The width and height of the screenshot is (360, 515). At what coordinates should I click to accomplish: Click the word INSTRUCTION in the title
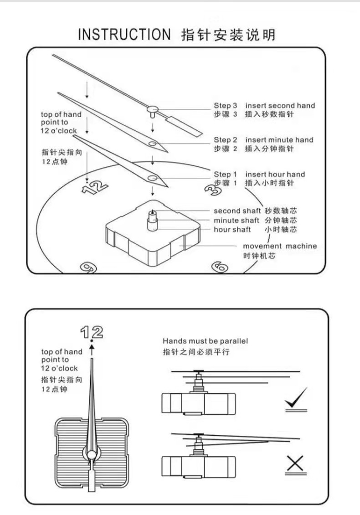(x=123, y=35)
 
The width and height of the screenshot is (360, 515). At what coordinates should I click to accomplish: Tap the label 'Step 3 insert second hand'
(x=264, y=106)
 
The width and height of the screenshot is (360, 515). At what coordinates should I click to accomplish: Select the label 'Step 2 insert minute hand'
(x=263, y=140)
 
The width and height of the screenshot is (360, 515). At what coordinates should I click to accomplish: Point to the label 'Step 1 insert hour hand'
(x=259, y=174)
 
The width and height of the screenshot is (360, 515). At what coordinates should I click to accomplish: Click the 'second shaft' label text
(x=237, y=211)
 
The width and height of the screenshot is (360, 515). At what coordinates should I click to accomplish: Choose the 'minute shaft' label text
(x=237, y=220)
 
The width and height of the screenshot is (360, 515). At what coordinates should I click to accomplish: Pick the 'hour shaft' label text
(x=232, y=229)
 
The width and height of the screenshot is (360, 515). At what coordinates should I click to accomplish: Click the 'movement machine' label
(x=279, y=246)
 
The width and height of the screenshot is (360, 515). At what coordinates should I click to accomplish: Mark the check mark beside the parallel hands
(x=296, y=400)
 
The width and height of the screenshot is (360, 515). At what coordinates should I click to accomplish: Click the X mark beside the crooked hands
(x=296, y=464)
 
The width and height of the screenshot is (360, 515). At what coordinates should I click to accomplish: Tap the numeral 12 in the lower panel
(x=91, y=331)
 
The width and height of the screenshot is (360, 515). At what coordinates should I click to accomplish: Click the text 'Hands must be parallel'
(x=205, y=341)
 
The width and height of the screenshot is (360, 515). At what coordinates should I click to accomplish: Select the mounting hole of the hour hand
(x=152, y=177)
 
